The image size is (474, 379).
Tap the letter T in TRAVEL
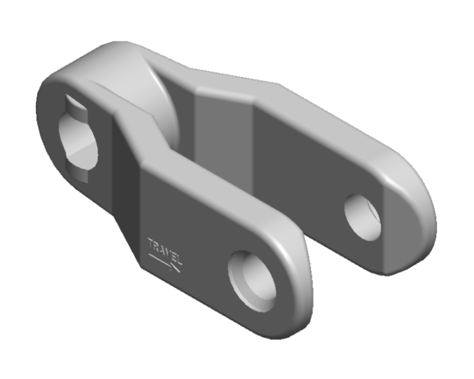(151, 243)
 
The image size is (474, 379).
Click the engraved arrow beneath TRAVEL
(164, 263)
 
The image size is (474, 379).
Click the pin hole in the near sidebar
(252, 281)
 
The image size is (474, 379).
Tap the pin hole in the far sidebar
(363, 218)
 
